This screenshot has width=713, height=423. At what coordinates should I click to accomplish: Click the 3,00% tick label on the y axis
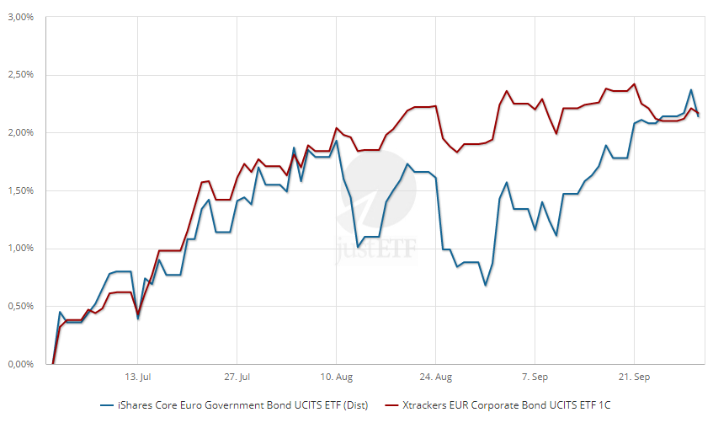click(x=18, y=17)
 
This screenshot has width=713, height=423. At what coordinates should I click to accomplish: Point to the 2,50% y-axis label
click(x=18, y=75)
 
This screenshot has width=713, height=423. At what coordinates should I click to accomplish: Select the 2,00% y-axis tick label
click(x=18, y=133)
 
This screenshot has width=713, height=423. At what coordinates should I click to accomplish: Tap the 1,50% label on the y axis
click(x=18, y=191)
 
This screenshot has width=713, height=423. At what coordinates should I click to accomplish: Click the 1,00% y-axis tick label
click(x=18, y=249)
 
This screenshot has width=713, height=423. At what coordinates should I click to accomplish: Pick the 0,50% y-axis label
click(x=18, y=307)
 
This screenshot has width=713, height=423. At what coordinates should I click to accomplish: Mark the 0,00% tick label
click(x=18, y=364)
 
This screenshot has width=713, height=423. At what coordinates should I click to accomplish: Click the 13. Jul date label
click(x=138, y=377)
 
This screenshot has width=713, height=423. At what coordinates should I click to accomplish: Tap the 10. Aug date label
click(x=336, y=377)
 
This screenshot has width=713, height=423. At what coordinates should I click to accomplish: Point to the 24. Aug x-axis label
click(x=435, y=377)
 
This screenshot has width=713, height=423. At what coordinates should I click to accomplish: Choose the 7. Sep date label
click(x=535, y=377)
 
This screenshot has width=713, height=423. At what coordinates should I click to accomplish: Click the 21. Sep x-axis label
click(x=634, y=377)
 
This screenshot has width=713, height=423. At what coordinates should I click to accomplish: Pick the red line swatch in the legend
click(x=393, y=406)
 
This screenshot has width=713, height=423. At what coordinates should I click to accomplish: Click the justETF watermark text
click(x=379, y=250)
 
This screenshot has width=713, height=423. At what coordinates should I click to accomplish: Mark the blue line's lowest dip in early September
click(x=485, y=285)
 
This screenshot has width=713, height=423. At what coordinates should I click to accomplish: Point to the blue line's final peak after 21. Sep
click(x=691, y=90)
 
